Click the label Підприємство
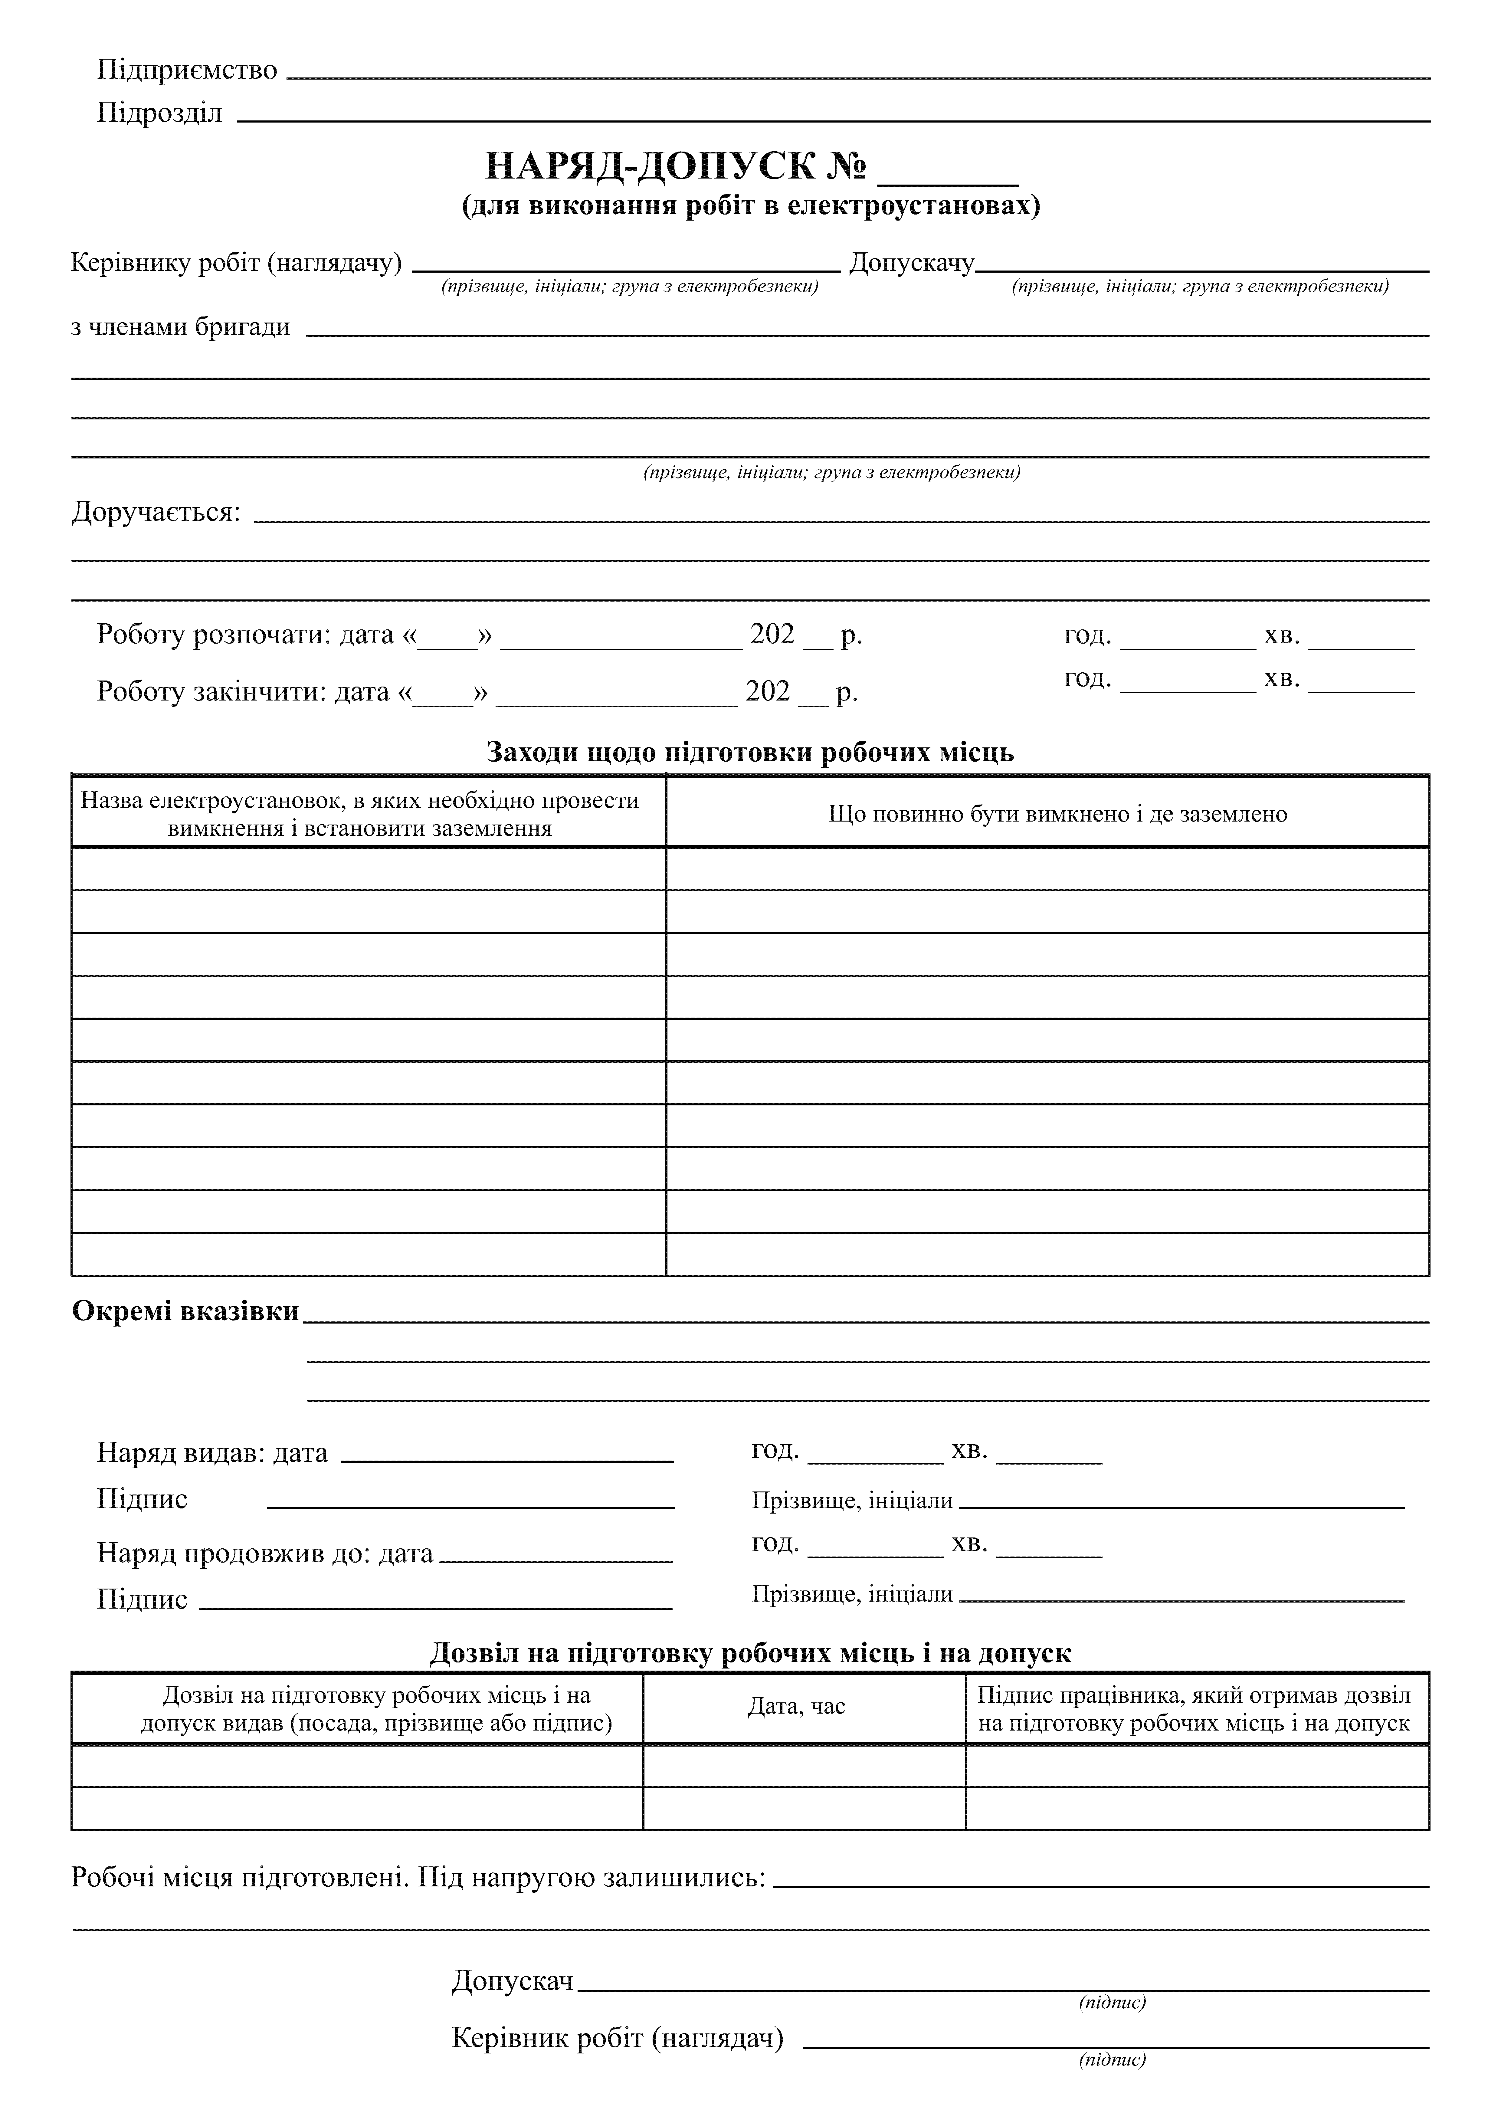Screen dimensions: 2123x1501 tap(187, 70)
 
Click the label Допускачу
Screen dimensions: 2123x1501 tap(911, 264)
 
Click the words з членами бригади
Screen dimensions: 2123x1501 tap(180, 327)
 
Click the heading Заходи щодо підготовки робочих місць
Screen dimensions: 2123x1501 tap(750, 753)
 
